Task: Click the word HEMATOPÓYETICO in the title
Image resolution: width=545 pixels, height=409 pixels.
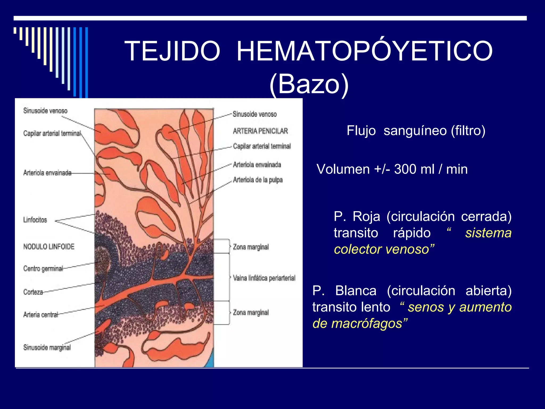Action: coord(365,51)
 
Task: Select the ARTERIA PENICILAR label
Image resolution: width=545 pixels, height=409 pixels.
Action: coord(260,131)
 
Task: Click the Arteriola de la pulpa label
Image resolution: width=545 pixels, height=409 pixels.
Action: coord(258,180)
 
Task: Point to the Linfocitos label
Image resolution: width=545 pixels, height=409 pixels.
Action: coord(35,220)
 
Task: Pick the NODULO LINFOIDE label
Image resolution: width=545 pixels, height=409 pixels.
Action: coord(49,247)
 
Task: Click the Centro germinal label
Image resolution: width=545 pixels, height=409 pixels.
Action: coord(43,268)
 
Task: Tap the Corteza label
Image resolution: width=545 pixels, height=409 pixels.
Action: coord(33,292)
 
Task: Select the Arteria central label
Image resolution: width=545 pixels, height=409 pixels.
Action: coord(40,315)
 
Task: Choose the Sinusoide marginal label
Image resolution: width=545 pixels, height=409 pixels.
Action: coord(47,347)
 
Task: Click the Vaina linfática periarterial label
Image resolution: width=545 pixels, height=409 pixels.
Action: coord(264,278)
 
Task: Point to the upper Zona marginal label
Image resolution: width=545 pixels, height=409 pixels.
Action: coord(251,247)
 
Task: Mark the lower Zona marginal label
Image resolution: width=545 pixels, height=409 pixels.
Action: coord(251,312)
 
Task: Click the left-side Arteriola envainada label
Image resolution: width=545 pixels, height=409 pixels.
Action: coord(47,173)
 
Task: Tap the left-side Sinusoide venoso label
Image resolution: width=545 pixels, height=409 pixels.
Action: coord(45,111)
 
